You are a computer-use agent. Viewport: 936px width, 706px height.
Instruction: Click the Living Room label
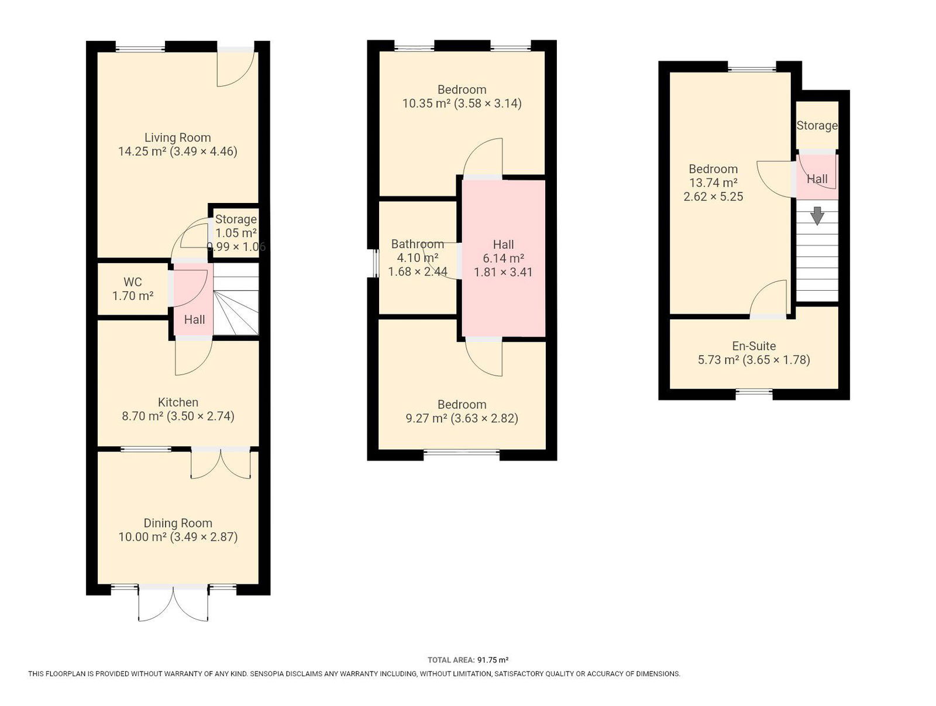(x=177, y=137)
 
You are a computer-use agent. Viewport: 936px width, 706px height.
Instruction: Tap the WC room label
(x=133, y=282)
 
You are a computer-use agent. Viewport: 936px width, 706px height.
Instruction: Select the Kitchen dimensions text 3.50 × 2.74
(x=201, y=416)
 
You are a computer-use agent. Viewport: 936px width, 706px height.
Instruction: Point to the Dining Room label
(x=177, y=523)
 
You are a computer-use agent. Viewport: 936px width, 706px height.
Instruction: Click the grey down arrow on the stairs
(x=817, y=215)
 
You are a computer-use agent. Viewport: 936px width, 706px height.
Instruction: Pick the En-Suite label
(x=754, y=346)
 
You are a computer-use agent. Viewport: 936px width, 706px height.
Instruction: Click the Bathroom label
(x=418, y=244)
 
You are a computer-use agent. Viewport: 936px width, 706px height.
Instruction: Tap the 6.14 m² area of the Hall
(x=503, y=258)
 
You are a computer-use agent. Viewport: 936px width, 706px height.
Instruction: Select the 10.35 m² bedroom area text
(x=426, y=103)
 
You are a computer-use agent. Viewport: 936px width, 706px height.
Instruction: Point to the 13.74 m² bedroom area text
(x=713, y=182)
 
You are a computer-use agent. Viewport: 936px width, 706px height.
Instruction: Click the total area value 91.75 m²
(x=493, y=660)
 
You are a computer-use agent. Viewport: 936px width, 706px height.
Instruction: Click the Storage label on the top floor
(x=817, y=125)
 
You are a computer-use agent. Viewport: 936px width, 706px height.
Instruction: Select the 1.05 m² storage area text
(x=236, y=233)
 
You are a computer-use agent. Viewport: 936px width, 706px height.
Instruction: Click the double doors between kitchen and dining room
(x=221, y=463)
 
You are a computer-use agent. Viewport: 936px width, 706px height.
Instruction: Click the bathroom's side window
(x=374, y=263)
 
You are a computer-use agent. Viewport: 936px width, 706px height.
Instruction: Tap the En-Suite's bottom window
(x=754, y=392)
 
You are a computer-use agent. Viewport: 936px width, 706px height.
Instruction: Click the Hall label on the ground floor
(x=194, y=319)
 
